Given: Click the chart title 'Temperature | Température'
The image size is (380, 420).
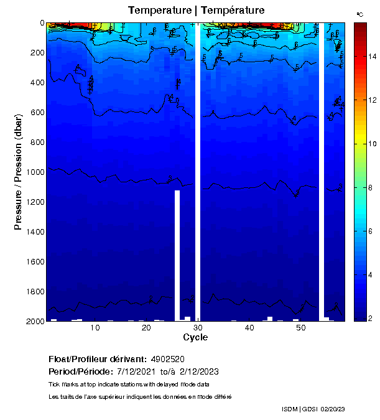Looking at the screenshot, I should tap(197, 11).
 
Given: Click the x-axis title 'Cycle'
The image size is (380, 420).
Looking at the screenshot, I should tap(195, 337).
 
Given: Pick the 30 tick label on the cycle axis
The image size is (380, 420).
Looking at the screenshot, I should tap(198, 327).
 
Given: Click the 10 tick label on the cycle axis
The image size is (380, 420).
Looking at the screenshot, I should tap(95, 327).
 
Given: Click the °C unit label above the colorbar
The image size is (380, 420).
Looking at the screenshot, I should tap(359, 14).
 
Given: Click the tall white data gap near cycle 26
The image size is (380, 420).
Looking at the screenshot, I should tap(177, 255).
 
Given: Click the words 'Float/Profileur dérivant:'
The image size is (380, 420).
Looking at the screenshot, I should tap(97, 360).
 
